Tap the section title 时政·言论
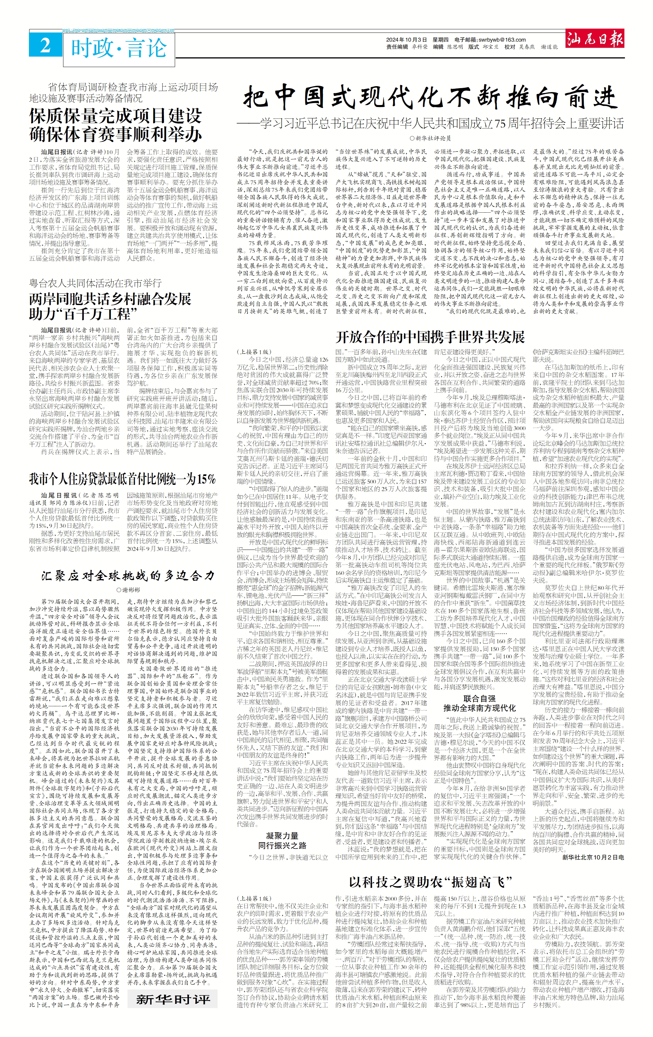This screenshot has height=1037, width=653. tap(118, 48)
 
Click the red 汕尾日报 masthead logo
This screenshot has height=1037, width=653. tap(595, 41)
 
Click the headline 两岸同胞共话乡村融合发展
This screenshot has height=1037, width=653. tap(110, 299)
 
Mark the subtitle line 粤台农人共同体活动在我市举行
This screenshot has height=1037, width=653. tap(95, 283)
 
